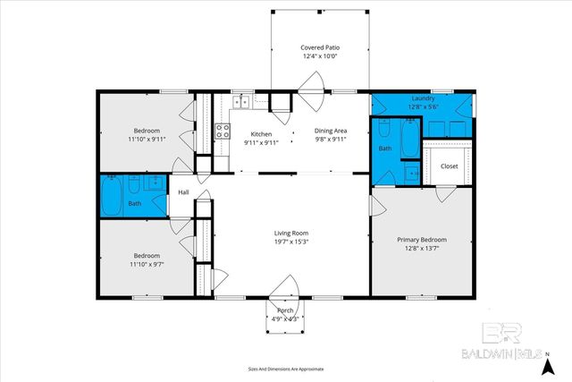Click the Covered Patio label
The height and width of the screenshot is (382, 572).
pos(320,47)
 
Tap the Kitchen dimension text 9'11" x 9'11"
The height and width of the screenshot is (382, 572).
pos(254,141)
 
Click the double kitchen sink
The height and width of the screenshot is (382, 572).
pos(243,103)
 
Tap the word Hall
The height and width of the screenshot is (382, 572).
pos(183,192)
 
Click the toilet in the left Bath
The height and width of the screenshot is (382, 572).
pos(133,185)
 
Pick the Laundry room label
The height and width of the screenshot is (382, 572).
pos(423,98)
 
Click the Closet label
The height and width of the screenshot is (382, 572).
pos(449,166)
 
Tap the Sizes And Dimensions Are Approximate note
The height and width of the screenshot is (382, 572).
pos(285,369)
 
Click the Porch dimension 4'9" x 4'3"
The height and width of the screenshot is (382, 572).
pos(286,320)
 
